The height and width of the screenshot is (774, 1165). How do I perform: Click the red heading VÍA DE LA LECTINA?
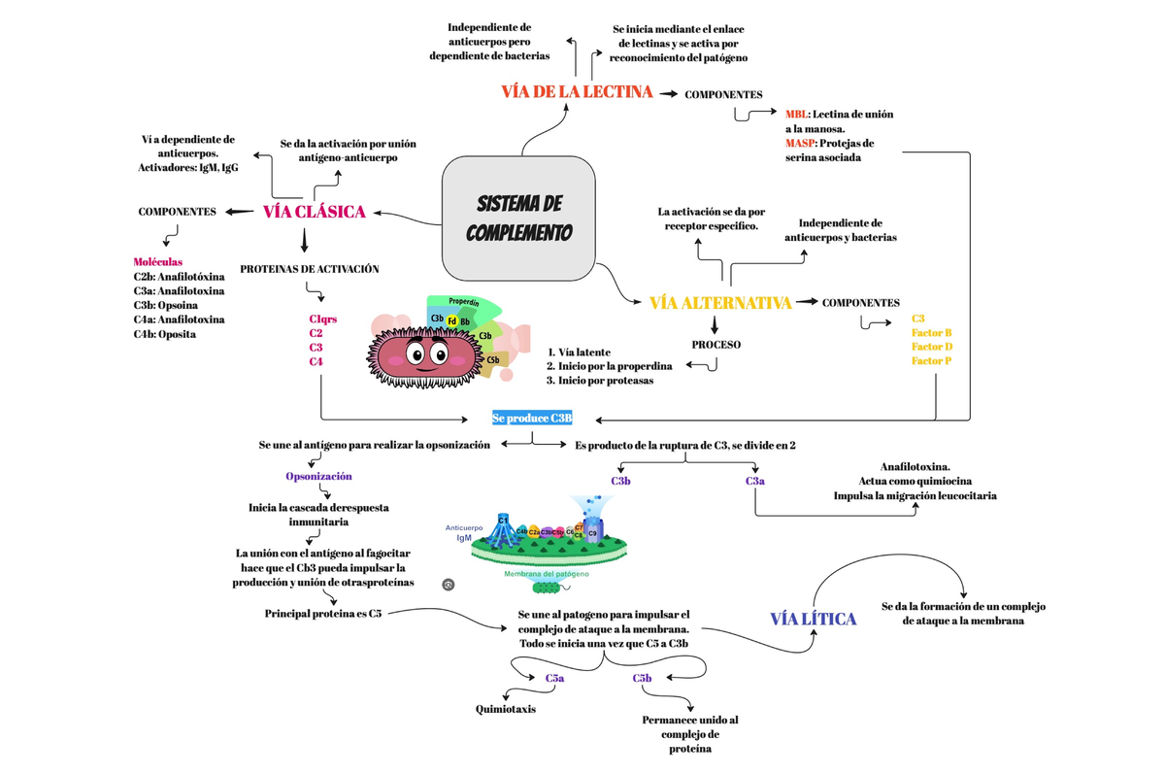(577, 93)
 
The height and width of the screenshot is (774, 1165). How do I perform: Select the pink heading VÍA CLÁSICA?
(314, 212)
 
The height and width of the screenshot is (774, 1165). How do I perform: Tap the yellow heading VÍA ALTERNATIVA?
(720, 303)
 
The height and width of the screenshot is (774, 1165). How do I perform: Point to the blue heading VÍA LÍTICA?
(813, 620)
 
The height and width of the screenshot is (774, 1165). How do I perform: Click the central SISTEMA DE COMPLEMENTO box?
(518, 219)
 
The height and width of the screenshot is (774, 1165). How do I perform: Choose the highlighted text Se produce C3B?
(532, 419)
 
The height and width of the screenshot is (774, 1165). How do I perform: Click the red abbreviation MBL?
(796, 115)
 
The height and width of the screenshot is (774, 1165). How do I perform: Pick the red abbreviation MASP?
(800, 143)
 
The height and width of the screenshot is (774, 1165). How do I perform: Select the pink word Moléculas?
(157, 262)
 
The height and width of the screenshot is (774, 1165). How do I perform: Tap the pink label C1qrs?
(322, 319)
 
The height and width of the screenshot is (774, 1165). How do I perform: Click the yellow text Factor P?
(931, 361)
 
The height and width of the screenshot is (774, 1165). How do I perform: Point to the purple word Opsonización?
(318, 477)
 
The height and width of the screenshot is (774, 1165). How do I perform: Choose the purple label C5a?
(554, 679)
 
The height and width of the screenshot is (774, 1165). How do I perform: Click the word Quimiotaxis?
(505, 709)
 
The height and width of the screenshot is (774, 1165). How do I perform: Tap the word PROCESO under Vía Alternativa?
(716, 345)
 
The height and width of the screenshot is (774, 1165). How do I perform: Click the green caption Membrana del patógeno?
(546, 574)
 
